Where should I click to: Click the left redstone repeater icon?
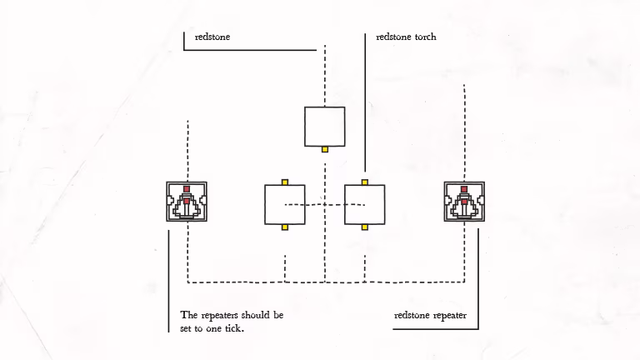(x=187, y=202)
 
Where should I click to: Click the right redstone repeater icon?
(x=464, y=202)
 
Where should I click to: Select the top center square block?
(x=324, y=127)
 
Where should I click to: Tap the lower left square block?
(x=285, y=204)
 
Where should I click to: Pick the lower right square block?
(x=364, y=204)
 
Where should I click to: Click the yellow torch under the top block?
(x=325, y=149)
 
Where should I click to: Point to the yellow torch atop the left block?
(x=285, y=182)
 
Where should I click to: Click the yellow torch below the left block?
(x=285, y=227)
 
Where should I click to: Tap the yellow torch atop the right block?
(x=365, y=182)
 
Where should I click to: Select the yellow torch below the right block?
(x=365, y=227)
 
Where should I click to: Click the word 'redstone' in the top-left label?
(x=212, y=37)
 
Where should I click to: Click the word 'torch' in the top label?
(x=426, y=37)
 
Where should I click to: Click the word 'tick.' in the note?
(x=234, y=328)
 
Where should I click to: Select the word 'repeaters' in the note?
(x=220, y=316)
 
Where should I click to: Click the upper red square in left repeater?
(x=187, y=189)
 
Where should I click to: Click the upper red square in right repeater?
(x=464, y=189)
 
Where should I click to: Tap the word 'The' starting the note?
(x=189, y=315)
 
